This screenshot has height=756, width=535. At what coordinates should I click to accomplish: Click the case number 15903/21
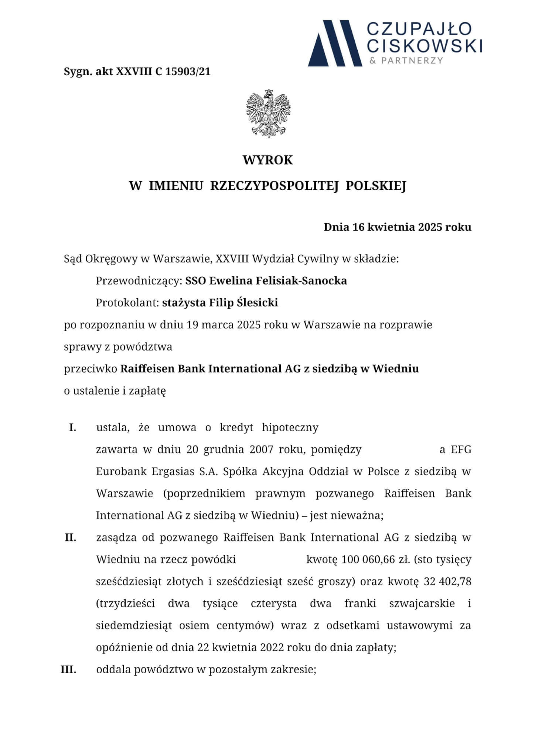[188, 72]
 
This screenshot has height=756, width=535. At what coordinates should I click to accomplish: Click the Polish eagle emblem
[268, 114]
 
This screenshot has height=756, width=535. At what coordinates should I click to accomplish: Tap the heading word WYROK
[267, 160]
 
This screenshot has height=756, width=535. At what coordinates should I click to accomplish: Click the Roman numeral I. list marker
[73, 428]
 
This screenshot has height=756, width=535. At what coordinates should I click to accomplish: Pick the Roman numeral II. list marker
[71, 537]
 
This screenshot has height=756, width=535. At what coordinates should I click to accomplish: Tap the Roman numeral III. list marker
[68, 670]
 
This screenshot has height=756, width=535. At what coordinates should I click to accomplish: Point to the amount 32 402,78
[448, 582]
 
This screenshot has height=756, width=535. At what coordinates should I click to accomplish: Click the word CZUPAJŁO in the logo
[420, 30]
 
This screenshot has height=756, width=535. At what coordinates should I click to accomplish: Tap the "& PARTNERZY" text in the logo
[406, 61]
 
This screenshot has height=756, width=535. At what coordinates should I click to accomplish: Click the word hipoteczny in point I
[290, 428]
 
